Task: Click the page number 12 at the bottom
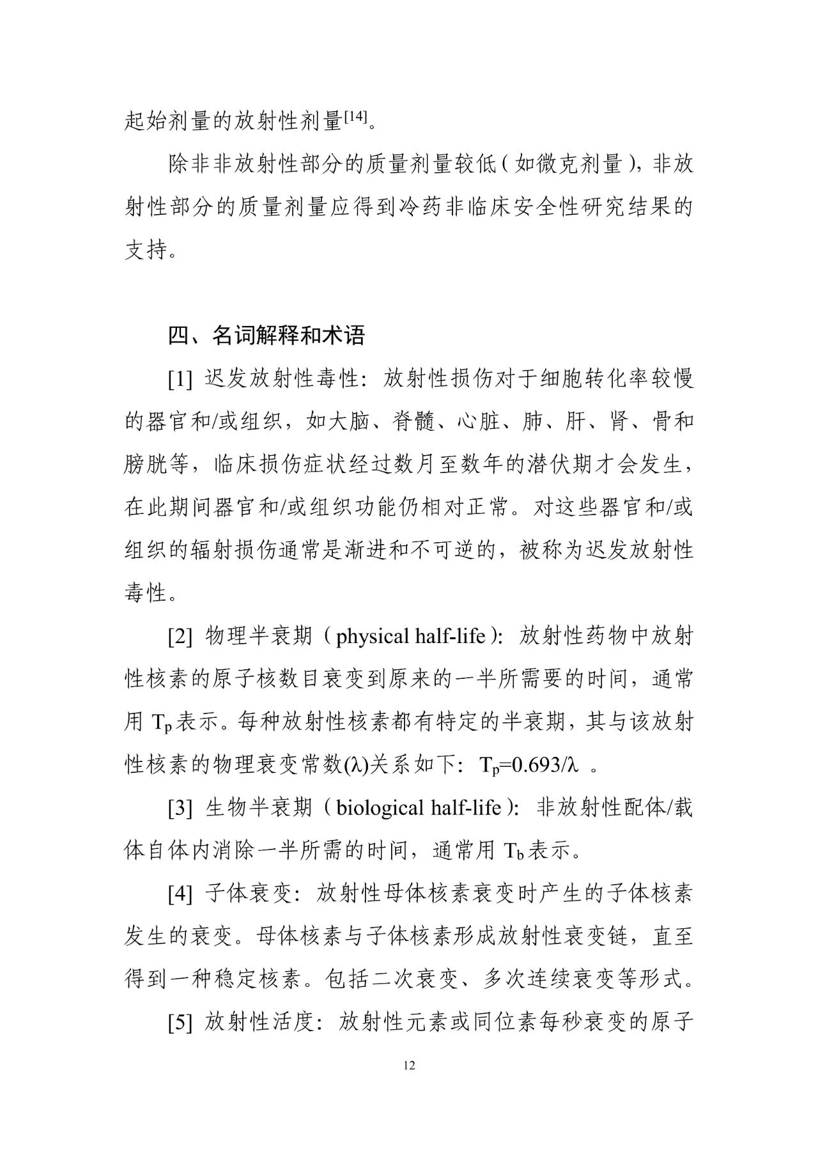tap(410, 1065)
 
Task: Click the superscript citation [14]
tap(355, 117)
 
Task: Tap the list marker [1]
tap(180, 379)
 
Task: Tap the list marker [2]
tap(180, 636)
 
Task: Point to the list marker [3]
tap(180, 808)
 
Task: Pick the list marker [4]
tap(180, 894)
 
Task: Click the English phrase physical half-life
tap(410, 636)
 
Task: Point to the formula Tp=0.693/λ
tap(529, 766)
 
